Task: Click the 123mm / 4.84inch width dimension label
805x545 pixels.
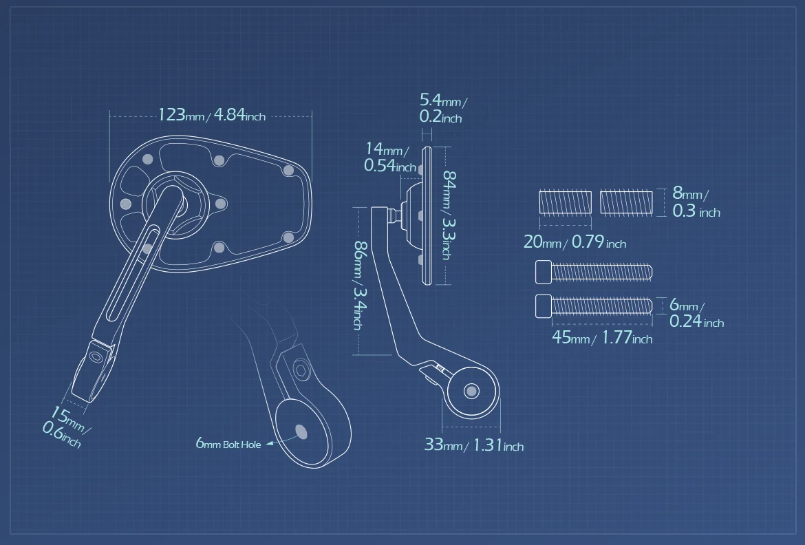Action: click(x=211, y=114)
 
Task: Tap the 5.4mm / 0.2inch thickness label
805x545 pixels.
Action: click(x=443, y=108)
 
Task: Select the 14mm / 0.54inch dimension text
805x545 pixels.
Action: click(x=389, y=157)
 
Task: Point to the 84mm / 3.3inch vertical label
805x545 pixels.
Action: click(x=449, y=215)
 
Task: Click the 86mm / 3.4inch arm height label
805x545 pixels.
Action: click(x=360, y=285)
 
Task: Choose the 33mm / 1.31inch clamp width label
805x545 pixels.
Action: click(x=474, y=445)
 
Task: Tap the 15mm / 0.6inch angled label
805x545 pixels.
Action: click(x=66, y=427)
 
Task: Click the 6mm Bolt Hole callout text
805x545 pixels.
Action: click(x=228, y=443)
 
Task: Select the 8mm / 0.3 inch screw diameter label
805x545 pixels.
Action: click(x=696, y=202)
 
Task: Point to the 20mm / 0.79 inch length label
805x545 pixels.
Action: click(x=575, y=242)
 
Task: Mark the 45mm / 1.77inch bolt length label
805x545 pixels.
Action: click(x=602, y=337)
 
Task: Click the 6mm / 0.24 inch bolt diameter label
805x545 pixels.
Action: click(x=697, y=313)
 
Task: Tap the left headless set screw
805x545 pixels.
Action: click(x=566, y=202)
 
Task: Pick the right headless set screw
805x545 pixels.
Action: click(x=626, y=202)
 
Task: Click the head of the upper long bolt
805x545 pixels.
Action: click(x=544, y=272)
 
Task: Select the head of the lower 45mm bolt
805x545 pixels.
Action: click(x=544, y=306)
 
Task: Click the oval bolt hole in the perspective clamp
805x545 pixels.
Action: click(x=301, y=432)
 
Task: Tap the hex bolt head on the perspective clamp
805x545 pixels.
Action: click(x=301, y=370)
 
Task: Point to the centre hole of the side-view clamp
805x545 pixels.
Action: click(x=471, y=392)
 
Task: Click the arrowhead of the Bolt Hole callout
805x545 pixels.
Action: click(x=270, y=443)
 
